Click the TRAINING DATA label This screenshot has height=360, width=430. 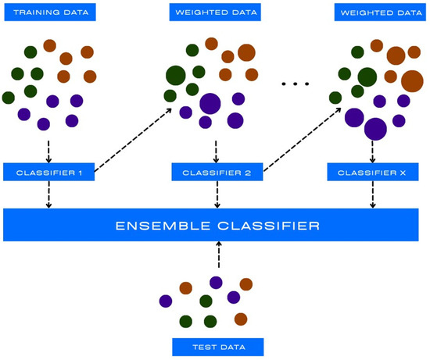pyautogui.click(x=49, y=12)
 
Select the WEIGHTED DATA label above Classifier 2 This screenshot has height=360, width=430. pyautogui.click(x=215, y=12)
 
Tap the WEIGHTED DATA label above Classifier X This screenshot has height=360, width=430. pyautogui.click(x=380, y=12)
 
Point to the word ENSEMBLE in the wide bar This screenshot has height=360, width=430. pyautogui.click(x=158, y=226)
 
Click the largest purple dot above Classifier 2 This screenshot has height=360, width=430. pyautogui.click(x=210, y=103)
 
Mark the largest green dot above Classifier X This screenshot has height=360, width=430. pyautogui.click(x=366, y=77)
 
